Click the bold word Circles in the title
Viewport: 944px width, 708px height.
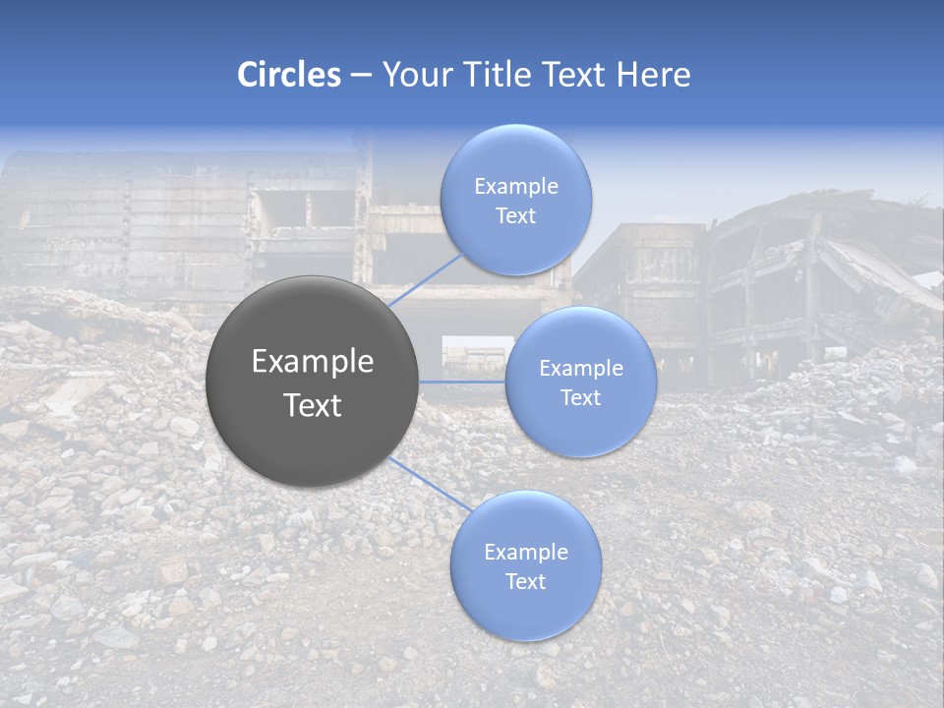coord(288,75)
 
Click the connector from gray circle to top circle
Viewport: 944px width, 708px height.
coord(426,279)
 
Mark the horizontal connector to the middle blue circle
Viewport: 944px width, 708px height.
coord(462,382)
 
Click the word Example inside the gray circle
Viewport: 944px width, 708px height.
coord(313,362)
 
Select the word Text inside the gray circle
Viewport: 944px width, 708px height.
coord(313,405)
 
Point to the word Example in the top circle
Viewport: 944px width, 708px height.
coord(516,187)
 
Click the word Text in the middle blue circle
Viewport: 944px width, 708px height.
coord(580,398)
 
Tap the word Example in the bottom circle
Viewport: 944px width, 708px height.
coord(526,553)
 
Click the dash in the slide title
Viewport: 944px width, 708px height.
coord(360,75)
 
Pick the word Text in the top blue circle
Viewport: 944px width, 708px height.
coord(516,216)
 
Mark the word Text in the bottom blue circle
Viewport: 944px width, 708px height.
coord(526,582)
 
